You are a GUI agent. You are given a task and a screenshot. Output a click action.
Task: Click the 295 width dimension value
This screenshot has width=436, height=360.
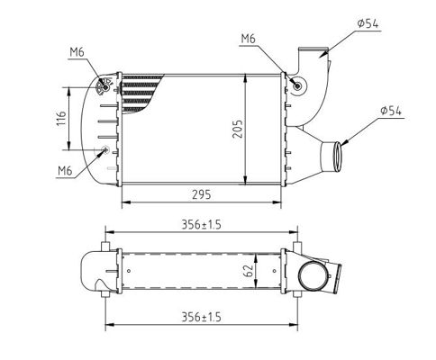click(x=202, y=195)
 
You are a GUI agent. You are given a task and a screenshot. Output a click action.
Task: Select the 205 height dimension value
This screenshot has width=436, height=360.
click(x=238, y=129)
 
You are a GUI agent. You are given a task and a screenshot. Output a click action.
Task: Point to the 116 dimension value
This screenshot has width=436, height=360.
click(x=61, y=118)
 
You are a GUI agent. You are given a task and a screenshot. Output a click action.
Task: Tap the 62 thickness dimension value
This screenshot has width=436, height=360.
click(x=249, y=271)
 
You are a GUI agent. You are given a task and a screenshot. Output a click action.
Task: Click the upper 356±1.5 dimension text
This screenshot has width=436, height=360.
click(x=201, y=224)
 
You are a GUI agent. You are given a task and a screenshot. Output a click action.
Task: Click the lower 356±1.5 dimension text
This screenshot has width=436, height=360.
click(x=201, y=317)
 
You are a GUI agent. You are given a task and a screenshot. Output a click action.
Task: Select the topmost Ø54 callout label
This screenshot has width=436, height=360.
click(x=368, y=23)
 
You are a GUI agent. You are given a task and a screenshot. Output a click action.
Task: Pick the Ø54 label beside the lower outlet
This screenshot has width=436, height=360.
click(x=391, y=111)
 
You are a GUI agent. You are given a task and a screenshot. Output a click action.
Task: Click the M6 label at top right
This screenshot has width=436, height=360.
click(x=249, y=39)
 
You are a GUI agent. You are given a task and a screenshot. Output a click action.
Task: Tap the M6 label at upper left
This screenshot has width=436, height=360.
click(x=77, y=52)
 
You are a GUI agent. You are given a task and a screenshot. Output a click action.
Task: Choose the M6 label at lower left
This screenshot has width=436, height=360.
click(x=65, y=171)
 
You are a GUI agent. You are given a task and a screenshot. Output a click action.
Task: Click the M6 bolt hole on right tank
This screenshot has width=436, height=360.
click(x=297, y=86)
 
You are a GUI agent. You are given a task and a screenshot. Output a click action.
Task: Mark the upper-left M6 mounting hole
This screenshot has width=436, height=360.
click(x=105, y=87)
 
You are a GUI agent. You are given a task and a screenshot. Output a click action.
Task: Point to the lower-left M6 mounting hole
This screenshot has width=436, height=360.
click(x=105, y=149)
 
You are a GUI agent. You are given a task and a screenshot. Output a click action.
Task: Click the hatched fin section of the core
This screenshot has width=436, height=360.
click(x=140, y=93)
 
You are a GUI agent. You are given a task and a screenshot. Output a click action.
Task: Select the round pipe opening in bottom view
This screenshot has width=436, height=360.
click(x=313, y=276)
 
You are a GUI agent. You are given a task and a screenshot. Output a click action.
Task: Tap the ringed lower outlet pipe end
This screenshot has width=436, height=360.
click(x=338, y=157)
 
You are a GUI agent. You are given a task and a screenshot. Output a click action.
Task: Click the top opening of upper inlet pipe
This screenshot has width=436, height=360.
click(x=313, y=49)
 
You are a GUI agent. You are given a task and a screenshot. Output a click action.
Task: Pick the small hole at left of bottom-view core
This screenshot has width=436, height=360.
click(x=129, y=271)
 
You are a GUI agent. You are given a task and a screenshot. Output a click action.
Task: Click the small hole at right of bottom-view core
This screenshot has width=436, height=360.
click(x=275, y=271)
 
